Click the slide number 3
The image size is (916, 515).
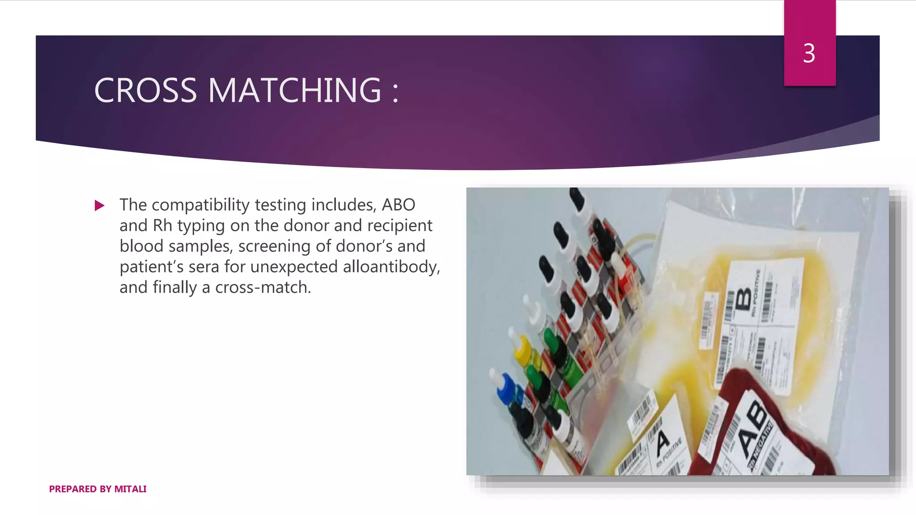pyautogui.click(x=809, y=54)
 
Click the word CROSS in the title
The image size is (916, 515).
pyautogui.click(x=145, y=90)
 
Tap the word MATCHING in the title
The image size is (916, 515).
pyautogui.click(x=295, y=90)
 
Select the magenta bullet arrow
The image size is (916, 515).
pyautogui.click(x=99, y=206)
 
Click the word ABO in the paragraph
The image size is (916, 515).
pyautogui.click(x=398, y=205)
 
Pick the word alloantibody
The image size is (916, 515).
pyautogui.click(x=391, y=267)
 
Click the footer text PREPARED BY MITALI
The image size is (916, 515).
pyautogui.click(x=98, y=489)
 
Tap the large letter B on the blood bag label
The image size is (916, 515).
pyautogui.click(x=743, y=299)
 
